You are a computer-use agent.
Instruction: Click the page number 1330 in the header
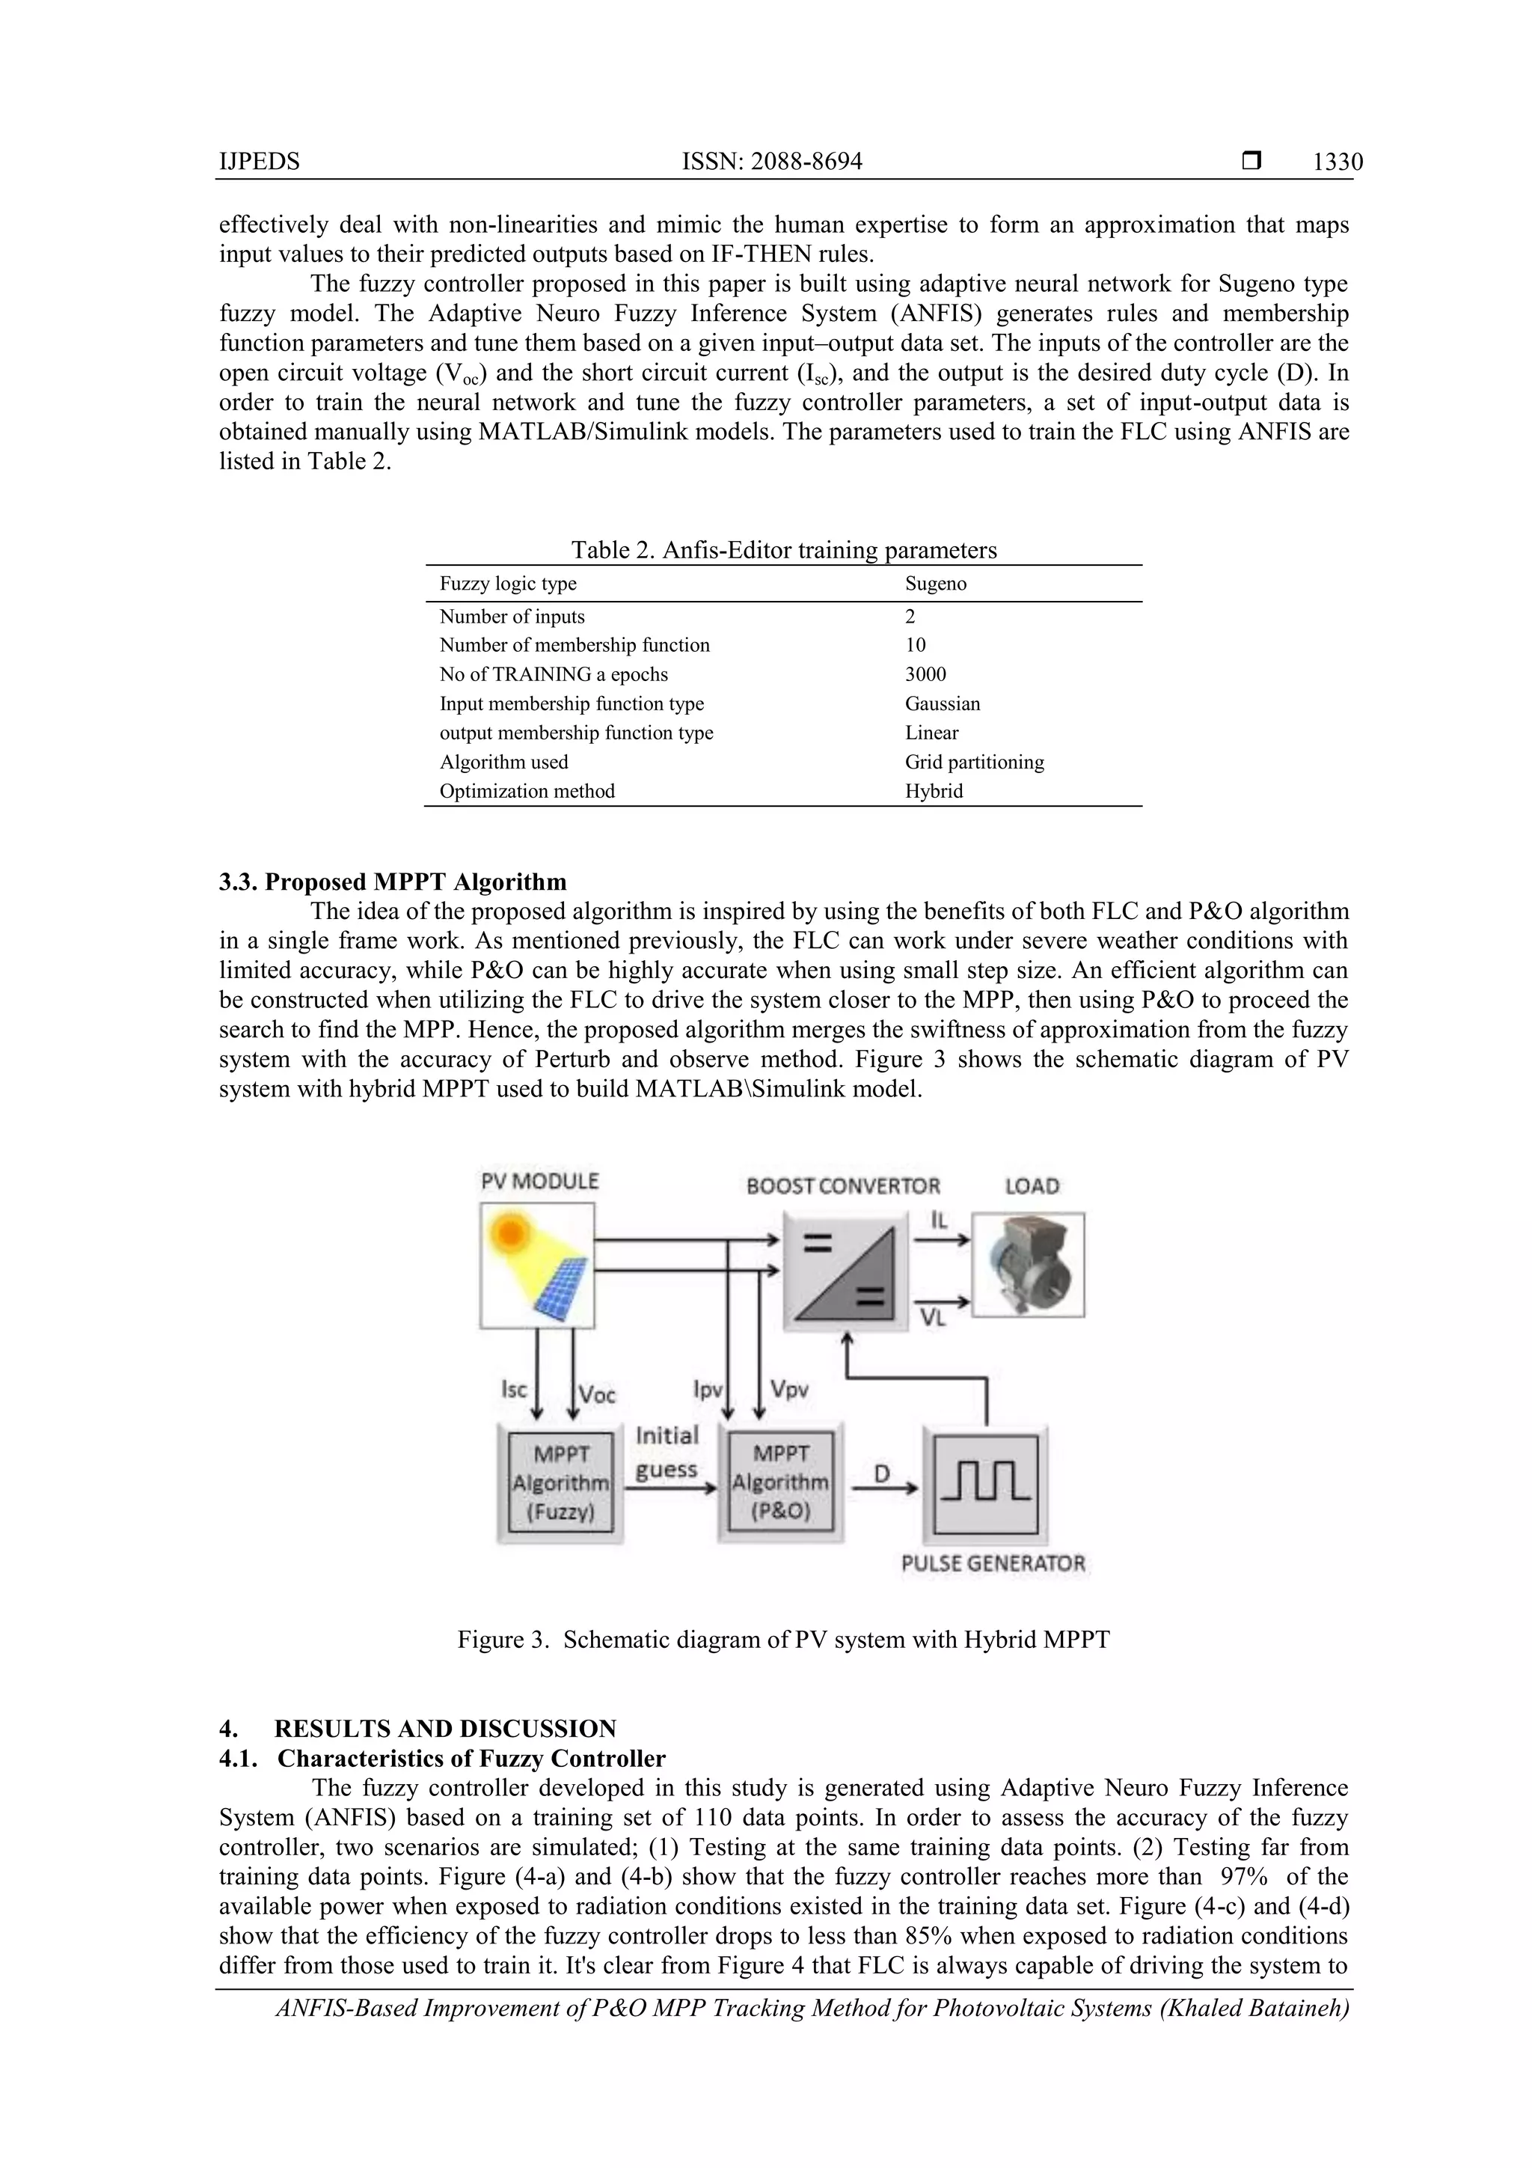point(1337,162)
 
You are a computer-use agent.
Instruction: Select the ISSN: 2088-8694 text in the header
point(771,162)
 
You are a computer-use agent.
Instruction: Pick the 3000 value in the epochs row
point(925,674)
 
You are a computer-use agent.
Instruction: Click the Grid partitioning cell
point(973,762)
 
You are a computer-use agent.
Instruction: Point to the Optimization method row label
point(527,791)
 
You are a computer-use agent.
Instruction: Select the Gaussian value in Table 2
point(942,703)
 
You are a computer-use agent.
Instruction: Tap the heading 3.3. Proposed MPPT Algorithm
point(393,882)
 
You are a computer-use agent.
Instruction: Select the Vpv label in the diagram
point(789,1389)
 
